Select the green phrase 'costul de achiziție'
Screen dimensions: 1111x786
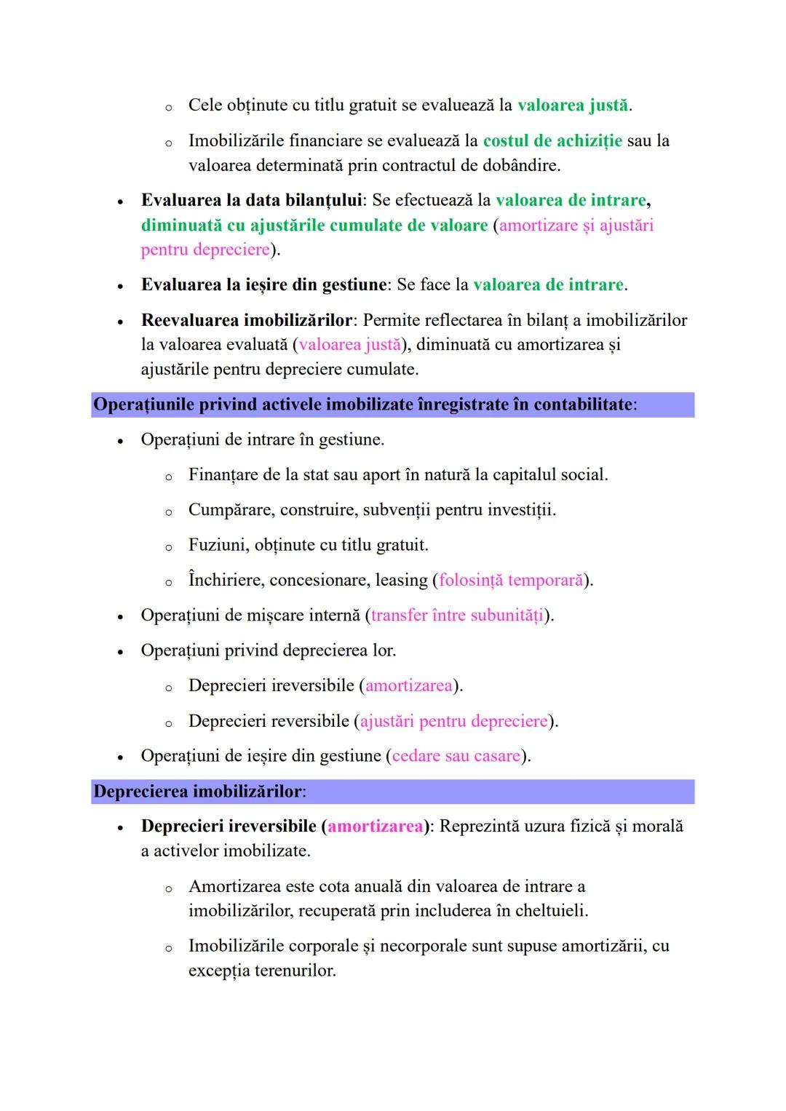[552, 140]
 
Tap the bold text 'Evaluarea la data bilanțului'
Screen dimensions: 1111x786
[251, 200]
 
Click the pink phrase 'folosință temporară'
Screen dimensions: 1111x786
[511, 581]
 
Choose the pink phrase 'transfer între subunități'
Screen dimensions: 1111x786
[457, 616]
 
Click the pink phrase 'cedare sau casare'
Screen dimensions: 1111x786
[456, 756]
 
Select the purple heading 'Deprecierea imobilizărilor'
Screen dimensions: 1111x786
[197, 792]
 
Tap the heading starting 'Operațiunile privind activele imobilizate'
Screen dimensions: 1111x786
[363, 405]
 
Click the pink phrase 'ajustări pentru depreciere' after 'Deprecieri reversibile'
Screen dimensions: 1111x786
[453, 721]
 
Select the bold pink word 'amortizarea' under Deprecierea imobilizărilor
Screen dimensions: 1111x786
[376, 827]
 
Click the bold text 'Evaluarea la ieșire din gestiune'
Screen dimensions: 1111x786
[263, 284]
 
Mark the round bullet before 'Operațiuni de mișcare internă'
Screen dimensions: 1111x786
[121, 617]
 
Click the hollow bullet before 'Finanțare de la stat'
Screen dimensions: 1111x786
[168, 477]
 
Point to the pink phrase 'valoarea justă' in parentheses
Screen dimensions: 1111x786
[350, 345]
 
